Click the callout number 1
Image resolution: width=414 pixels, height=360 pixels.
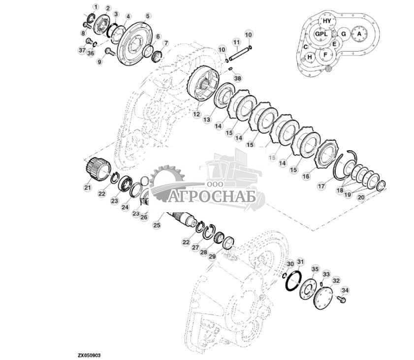[x=96, y=6]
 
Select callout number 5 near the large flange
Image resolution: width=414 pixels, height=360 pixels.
[x=147, y=16]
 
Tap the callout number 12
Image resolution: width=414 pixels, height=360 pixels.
[x=196, y=114]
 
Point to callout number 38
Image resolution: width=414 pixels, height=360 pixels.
[x=238, y=78]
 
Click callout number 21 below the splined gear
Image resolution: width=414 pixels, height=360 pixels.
[x=87, y=187]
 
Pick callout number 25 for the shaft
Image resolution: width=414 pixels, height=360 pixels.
[x=157, y=225]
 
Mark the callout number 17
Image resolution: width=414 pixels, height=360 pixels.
[x=321, y=187]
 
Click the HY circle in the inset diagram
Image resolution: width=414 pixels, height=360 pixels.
[x=327, y=20]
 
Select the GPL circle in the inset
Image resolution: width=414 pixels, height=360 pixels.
[x=320, y=34]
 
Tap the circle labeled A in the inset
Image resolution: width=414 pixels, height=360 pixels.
[x=359, y=33]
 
